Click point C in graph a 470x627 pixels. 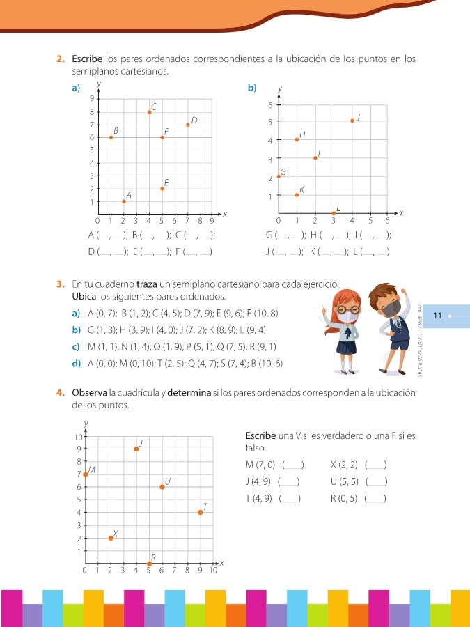tap(149, 112)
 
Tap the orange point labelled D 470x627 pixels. tap(188, 125)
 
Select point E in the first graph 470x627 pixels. tap(162, 189)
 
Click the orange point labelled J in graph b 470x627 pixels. tap(352, 121)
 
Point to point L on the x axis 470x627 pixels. tap(334, 213)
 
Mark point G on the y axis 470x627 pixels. tap(279, 176)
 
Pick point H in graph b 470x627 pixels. tap(297, 139)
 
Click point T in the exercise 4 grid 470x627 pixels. tap(201, 512)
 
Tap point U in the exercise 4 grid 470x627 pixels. tap(162, 486)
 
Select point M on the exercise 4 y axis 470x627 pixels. tap(86, 474)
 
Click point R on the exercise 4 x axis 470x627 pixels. tap(149, 564)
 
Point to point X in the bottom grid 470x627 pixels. tap(111, 538)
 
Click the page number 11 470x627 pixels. tap(438, 316)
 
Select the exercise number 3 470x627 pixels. tap(61, 284)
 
